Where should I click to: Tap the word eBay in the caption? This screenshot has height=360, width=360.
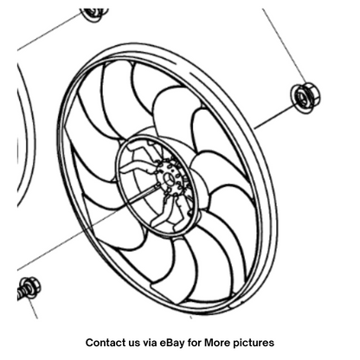point(172,343)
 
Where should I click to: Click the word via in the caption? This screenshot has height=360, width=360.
point(150,343)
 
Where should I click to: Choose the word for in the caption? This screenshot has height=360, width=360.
point(195,343)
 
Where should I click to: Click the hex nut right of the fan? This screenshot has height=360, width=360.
point(305,98)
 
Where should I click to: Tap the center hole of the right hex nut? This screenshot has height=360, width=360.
point(302,98)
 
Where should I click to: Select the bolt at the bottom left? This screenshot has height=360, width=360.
point(29,288)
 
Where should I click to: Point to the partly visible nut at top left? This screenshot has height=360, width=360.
point(94,15)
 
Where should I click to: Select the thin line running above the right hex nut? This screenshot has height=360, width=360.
point(285,46)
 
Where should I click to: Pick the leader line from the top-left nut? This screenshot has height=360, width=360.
point(50,31)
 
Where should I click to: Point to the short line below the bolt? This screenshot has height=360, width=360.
point(34,309)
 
